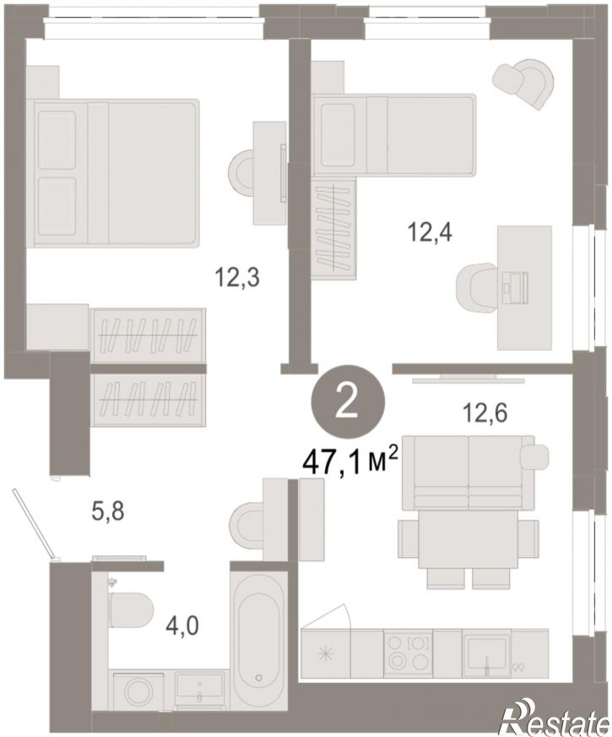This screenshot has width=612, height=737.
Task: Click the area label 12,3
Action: [237, 277]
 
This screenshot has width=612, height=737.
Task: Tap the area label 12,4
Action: [430, 232]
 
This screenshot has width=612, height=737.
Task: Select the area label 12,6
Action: [485, 413]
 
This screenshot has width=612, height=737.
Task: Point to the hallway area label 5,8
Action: [108, 510]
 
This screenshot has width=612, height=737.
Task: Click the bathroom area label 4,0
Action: [183, 625]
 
